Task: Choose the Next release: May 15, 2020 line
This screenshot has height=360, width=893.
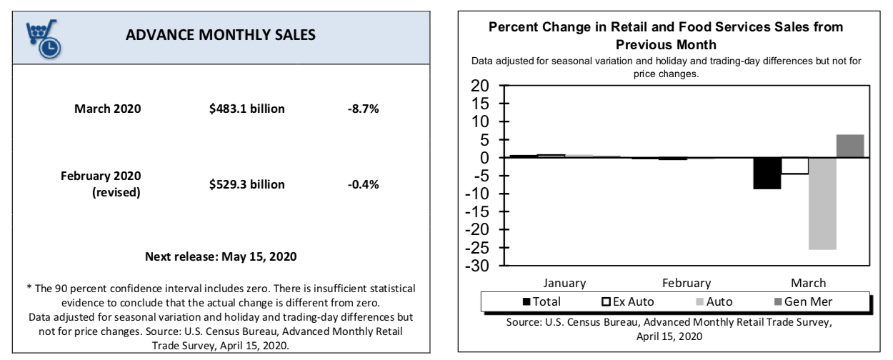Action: [x=221, y=256]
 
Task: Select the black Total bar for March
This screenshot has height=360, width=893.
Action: [x=767, y=174]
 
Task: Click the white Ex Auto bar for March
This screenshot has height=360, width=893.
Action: [x=794, y=166]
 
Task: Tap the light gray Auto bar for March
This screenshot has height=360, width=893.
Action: [x=822, y=204]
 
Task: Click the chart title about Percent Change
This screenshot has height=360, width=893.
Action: [x=675, y=34]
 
